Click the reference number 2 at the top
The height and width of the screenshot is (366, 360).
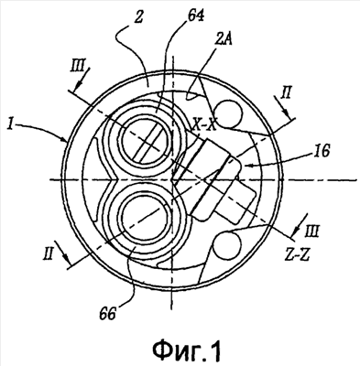138,19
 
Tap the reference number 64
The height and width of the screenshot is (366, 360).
195,16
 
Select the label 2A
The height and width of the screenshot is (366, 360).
224,39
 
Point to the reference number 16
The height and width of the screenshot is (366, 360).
321,151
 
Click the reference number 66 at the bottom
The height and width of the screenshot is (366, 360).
108,313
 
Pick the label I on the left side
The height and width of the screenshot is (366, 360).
11,125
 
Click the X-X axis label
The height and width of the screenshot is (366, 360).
203,125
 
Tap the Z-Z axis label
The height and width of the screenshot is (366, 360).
296,254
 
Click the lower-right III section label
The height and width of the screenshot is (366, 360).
311,231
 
